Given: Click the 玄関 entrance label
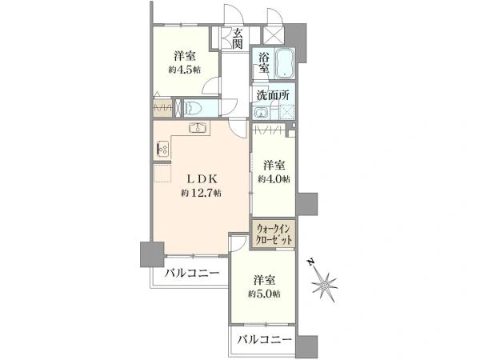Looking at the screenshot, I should click(x=238, y=38).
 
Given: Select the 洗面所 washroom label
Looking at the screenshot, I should click(x=272, y=96).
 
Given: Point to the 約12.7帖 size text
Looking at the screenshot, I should click(x=201, y=193).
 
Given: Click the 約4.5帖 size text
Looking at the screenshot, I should click(x=185, y=70).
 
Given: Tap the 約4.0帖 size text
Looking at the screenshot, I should click(x=274, y=179).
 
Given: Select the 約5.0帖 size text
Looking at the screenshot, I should click(x=265, y=294).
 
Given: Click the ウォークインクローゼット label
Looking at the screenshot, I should click(x=274, y=234).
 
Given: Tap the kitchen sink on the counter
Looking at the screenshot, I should click(x=197, y=130).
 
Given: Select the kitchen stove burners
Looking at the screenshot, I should click(x=162, y=149).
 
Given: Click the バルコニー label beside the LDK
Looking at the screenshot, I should click(x=192, y=274).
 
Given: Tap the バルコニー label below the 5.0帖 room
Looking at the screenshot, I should click(x=264, y=340).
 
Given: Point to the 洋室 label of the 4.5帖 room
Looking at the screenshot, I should click(x=185, y=56).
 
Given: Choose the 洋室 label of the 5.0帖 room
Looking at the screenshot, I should click(x=265, y=280).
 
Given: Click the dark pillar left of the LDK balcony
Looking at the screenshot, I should click(x=150, y=254).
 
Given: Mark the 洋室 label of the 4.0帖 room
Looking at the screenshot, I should click(x=274, y=165).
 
